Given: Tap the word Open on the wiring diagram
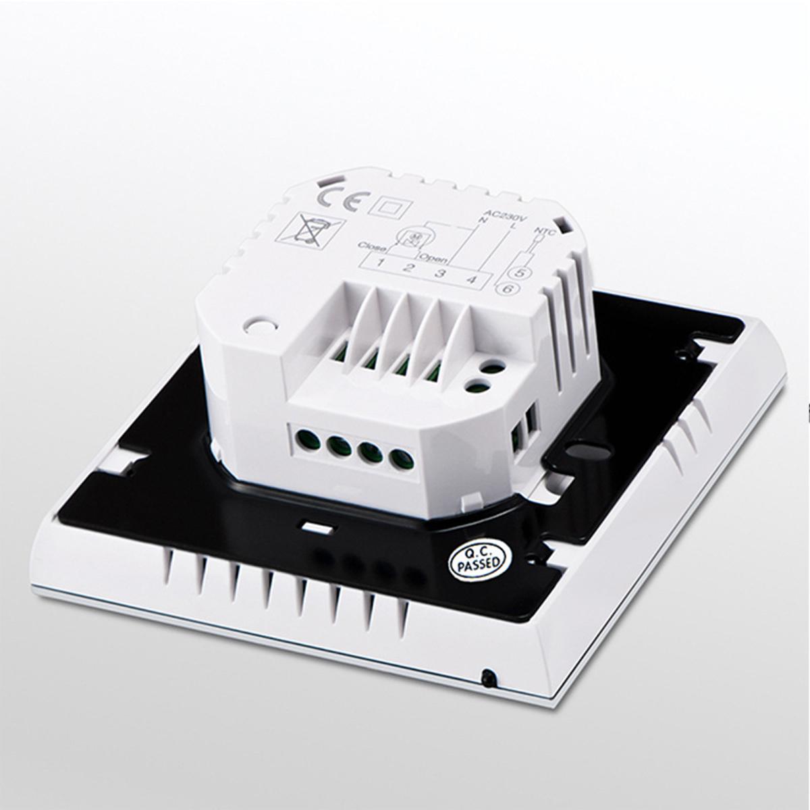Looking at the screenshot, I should click(429, 257).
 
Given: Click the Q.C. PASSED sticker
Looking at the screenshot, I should click(476, 559).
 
